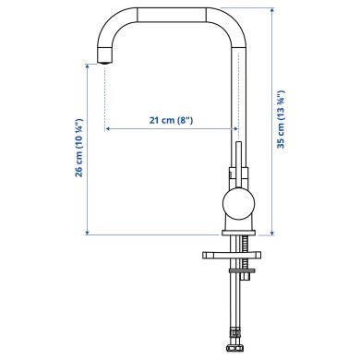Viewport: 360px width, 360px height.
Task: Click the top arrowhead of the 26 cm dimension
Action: [x=87, y=71]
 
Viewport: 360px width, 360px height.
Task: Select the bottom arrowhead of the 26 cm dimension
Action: [x=87, y=233]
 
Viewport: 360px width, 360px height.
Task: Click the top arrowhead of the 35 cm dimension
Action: [x=272, y=12]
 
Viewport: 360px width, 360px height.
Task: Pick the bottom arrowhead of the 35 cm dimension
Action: [x=272, y=233]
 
